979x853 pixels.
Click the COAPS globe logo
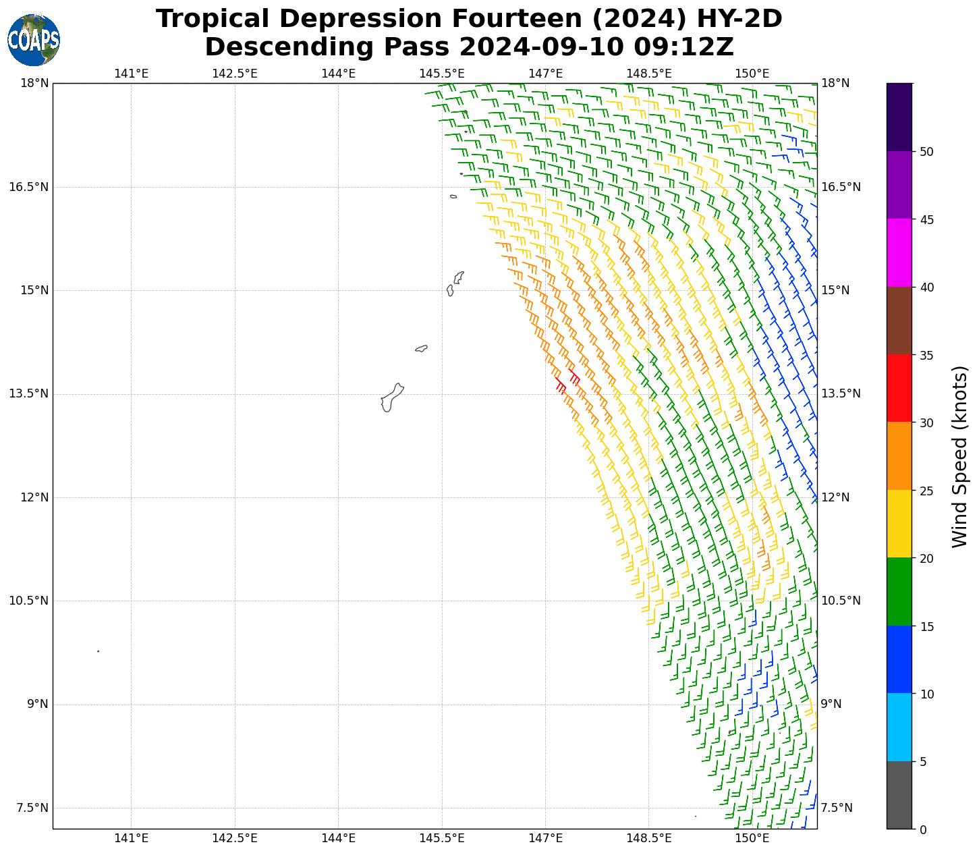click(x=34, y=40)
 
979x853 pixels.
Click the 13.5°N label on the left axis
click(x=28, y=393)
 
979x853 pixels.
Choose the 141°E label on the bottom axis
click(x=131, y=838)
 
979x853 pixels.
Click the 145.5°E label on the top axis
click(x=442, y=73)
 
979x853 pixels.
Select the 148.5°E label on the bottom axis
click(x=649, y=838)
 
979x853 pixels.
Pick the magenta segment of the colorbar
click(x=899, y=252)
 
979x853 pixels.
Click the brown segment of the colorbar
click(x=899, y=321)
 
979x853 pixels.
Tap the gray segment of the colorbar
click(x=899, y=795)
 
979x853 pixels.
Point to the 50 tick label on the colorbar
click(x=927, y=151)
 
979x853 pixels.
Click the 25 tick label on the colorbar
click(x=927, y=491)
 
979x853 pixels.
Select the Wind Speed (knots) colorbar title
click(x=959, y=456)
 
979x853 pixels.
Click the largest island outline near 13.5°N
click(x=391, y=397)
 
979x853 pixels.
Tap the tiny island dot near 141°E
click(x=99, y=651)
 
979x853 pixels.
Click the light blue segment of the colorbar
click(x=899, y=727)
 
